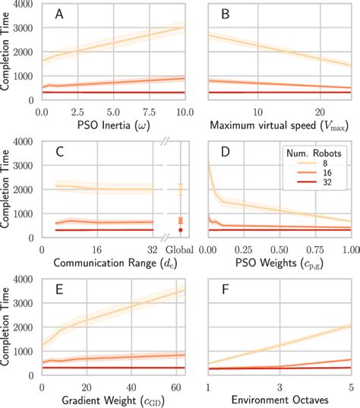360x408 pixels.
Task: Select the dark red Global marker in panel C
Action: click(180, 229)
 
